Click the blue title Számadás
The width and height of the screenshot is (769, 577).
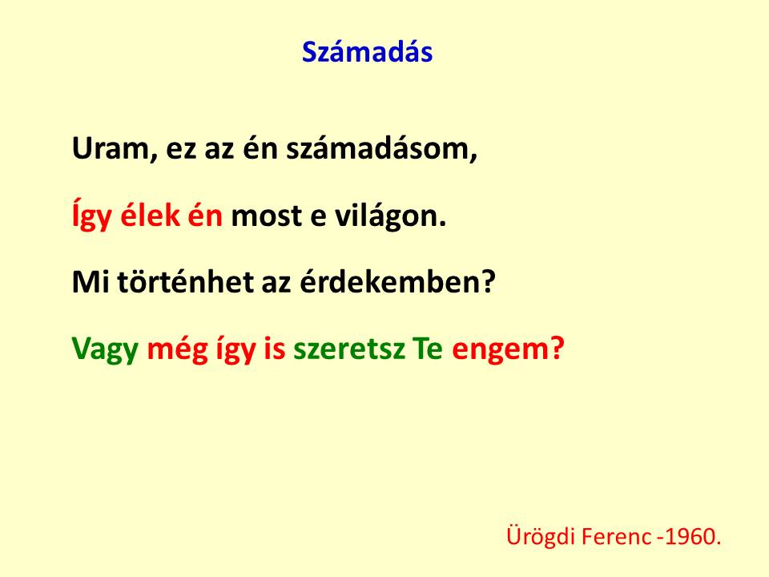[367, 51]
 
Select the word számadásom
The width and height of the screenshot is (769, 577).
[381, 148]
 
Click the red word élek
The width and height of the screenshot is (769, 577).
[150, 216]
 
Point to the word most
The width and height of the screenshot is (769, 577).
[266, 216]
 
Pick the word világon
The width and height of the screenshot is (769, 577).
[391, 216]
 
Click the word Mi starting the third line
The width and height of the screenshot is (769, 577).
[91, 283]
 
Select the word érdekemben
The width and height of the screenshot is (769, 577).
[397, 282]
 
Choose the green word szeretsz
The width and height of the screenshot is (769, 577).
[349, 349]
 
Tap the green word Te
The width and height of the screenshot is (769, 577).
[428, 349]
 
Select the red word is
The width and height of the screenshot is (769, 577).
[275, 349]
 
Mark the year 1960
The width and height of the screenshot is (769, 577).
[694, 536]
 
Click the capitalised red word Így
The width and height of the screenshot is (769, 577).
[91, 216]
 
